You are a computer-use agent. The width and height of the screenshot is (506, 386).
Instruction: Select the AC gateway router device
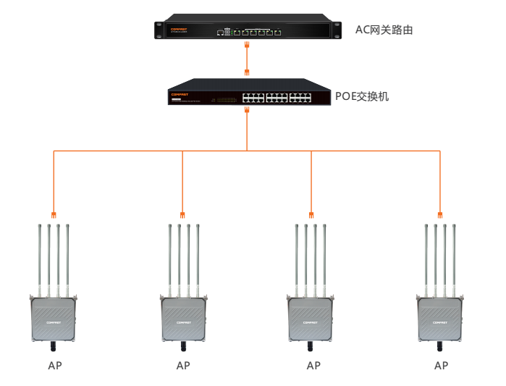tap(247, 30)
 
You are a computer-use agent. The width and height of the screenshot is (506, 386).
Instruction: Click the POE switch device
tap(247, 93)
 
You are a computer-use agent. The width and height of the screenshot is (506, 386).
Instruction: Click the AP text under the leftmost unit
tap(54, 366)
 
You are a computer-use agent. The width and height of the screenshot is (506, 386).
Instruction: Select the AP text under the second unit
tap(183, 366)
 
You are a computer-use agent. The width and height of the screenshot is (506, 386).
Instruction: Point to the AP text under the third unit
tap(313, 366)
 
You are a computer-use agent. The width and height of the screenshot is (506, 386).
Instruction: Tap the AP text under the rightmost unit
tap(441, 366)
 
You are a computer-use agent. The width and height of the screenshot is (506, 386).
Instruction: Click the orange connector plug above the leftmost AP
tap(54, 214)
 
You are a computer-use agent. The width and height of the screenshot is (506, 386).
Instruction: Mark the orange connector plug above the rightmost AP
tap(440, 214)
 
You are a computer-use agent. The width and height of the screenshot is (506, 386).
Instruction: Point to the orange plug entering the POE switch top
tap(247, 72)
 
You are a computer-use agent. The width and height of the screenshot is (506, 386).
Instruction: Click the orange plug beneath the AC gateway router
tap(247, 45)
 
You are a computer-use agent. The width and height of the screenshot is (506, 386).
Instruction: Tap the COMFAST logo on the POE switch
tap(180, 93)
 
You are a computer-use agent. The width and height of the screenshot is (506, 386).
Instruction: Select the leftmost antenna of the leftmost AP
tap(40, 261)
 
